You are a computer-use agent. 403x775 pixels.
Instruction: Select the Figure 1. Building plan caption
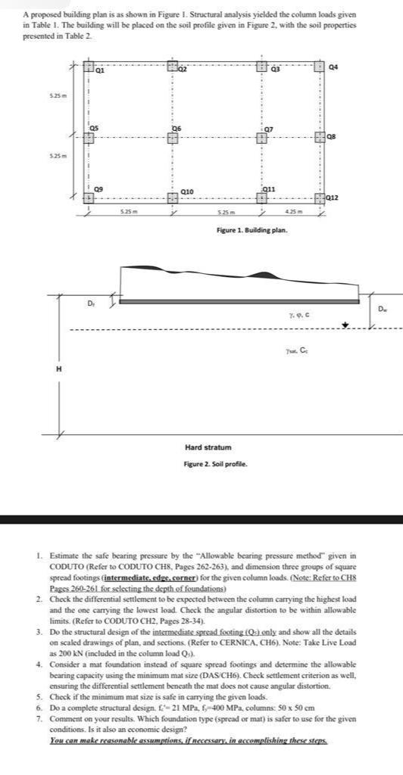251,229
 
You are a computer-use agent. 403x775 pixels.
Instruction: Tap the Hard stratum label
208,448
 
